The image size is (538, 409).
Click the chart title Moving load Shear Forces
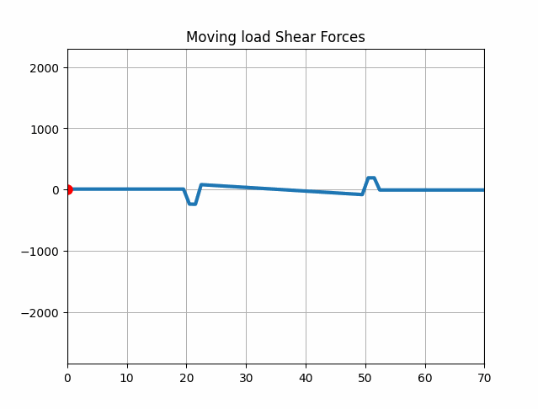coord(275,37)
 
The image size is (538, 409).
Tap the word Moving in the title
coord(210,37)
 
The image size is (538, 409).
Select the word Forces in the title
coord(345,37)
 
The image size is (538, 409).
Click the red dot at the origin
coord(67,189)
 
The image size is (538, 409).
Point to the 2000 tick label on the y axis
coord(44,68)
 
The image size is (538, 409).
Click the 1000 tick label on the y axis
coord(44,129)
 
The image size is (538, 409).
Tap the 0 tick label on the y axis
coord(56,190)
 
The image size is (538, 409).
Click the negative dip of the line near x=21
coord(192,204)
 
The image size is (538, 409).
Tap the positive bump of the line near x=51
coord(370,178)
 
